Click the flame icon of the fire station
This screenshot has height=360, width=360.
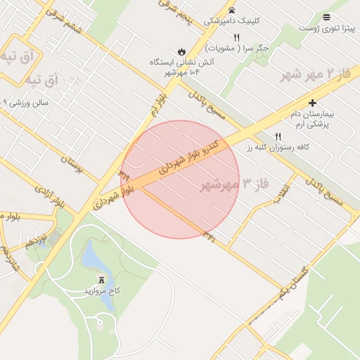181,51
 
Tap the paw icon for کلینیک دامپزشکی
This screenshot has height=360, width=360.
231,10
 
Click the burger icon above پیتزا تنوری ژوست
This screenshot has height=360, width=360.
326,17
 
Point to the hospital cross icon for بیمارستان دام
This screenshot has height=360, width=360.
312,103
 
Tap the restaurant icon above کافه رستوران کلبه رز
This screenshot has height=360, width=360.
278,136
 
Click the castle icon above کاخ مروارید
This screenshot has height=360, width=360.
101,279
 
